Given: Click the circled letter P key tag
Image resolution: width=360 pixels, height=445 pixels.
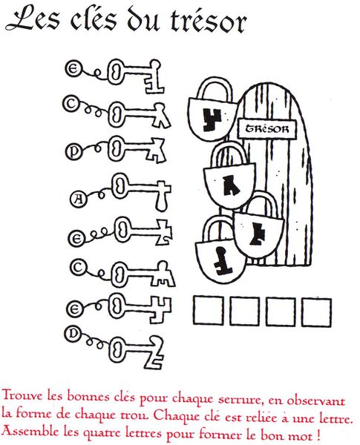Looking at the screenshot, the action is pos(73,152).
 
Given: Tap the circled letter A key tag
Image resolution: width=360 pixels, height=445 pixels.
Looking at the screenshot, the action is pos(78,200).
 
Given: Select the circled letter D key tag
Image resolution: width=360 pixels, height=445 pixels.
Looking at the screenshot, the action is pos(73,334).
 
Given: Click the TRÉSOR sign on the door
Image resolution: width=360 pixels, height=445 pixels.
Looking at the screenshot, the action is pos(267,129).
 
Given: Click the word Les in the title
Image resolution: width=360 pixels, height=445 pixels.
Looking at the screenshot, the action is pos(33,19).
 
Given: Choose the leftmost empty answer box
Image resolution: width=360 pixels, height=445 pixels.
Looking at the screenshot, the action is pos(209,311).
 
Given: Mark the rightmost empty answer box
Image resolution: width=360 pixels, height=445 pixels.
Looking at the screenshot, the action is pos(316,312).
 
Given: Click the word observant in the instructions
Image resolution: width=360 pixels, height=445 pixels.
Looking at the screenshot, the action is pos(316,400).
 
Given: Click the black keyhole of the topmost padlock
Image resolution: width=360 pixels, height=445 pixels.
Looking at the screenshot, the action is pos(212,120).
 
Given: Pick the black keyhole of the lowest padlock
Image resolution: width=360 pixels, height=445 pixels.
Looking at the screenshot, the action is pos(222,261).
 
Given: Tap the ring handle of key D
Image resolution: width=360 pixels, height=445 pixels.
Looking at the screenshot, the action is pos(117,352).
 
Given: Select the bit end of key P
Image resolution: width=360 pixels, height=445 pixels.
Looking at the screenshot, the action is pos(155,151).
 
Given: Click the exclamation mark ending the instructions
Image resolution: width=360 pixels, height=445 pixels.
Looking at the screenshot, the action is pos(318,434).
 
